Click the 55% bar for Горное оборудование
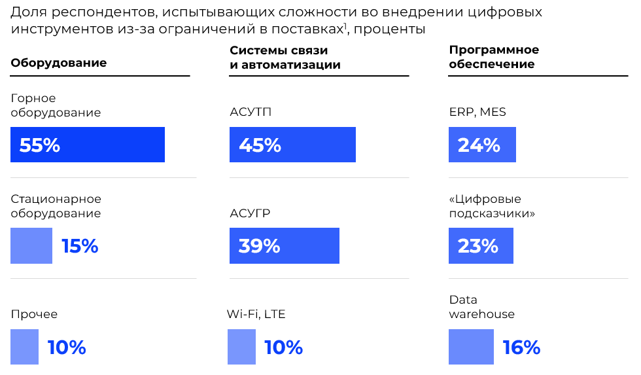point(88,145)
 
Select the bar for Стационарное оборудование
point(31,246)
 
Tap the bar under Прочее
point(25,347)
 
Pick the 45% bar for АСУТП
point(292,145)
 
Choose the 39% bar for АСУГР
point(284,246)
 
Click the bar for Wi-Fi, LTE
point(241,347)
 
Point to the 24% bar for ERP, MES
point(482,145)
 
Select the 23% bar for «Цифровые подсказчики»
point(481,246)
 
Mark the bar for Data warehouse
point(471,347)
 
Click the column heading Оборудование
point(59,63)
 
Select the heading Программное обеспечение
point(494,58)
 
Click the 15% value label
point(80,246)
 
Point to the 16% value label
point(521,347)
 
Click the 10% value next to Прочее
point(67,347)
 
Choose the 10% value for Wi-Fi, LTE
point(283,347)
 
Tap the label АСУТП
point(251,112)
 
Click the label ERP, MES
point(477,112)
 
